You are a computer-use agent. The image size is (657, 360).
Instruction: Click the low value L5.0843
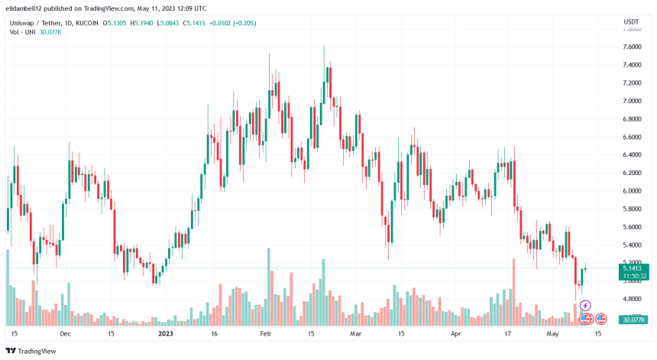coord(180,23)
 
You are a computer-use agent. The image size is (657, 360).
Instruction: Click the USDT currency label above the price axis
coord(631,22)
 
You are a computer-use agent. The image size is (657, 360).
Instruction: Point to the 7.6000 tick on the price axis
coord(631,47)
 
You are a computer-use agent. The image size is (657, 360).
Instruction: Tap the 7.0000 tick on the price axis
coord(631,101)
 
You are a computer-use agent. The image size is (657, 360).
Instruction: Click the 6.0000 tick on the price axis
coord(631,191)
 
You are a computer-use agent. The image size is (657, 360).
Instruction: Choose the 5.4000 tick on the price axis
coord(631,245)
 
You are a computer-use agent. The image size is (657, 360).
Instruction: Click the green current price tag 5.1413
coord(631,268)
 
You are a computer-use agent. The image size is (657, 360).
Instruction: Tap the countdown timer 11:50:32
coord(631,276)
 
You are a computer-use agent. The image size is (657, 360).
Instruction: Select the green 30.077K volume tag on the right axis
coord(631,321)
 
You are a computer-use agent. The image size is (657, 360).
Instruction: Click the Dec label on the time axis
coord(65,334)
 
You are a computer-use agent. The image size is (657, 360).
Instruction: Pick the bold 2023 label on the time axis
coord(166,334)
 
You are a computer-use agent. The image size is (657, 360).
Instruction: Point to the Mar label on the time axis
coord(354,334)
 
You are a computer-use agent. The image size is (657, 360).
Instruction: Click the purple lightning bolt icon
coord(586,306)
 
